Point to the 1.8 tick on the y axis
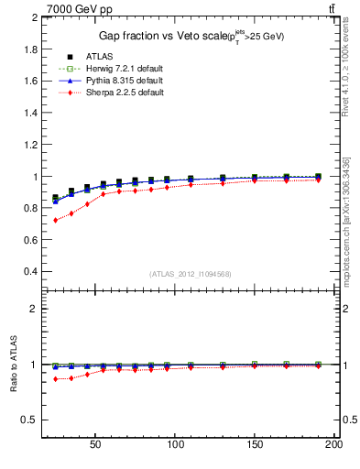pyautogui.click(x=25, y=49)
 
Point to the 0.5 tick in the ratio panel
pyautogui.click(x=27, y=420)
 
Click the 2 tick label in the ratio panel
pyautogui.click(x=30, y=309)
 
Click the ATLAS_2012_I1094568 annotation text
pyautogui.click(x=189, y=273)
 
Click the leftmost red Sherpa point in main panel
pyautogui.click(x=56, y=220)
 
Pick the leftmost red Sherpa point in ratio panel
pyautogui.click(x=56, y=379)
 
